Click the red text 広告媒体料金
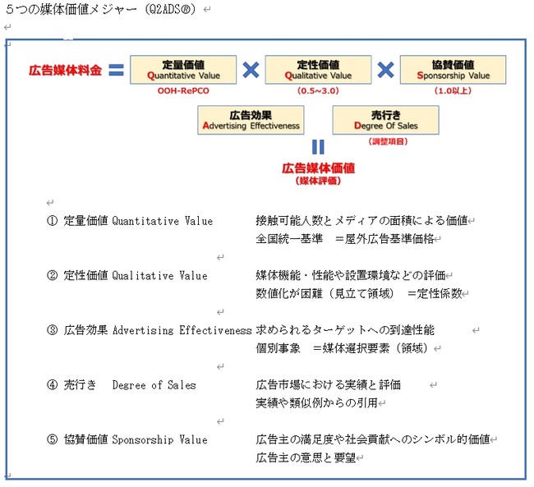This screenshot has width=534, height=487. click(65, 71)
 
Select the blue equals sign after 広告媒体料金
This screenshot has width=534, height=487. click(116, 71)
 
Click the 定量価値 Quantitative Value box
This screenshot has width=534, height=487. click(183, 70)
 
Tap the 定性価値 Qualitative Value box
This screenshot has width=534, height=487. click(319, 70)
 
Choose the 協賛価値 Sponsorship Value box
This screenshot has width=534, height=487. click(453, 70)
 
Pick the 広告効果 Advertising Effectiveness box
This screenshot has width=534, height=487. click(251, 121)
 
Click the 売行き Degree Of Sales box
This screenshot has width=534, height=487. click(385, 121)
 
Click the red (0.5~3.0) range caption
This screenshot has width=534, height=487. click(319, 91)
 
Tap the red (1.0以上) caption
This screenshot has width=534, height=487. click(453, 91)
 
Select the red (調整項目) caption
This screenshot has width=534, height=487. click(385, 142)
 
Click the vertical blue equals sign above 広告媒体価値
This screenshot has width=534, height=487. click(318, 148)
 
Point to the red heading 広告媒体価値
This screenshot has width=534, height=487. click(318, 168)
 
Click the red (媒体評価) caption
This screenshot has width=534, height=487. click(318, 181)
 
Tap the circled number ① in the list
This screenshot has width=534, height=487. click(53, 221)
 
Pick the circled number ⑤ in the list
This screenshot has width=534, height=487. click(53, 439)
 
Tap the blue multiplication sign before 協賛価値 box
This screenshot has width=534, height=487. click(386, 71)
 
